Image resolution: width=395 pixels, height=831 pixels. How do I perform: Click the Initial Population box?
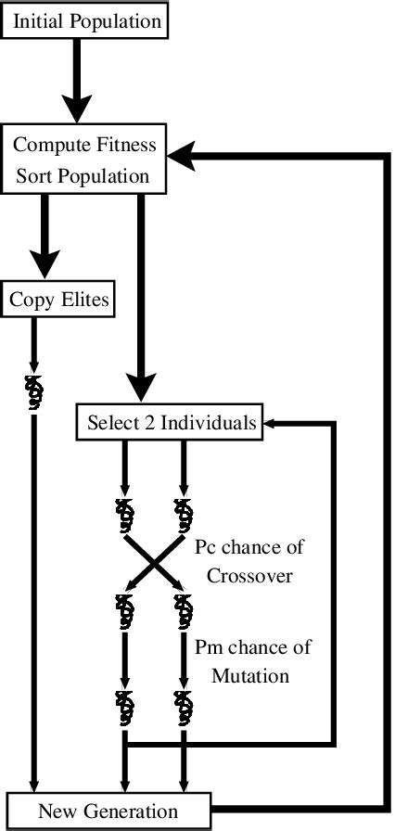(x=86, y=19)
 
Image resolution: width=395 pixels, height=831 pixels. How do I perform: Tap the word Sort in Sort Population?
(x=34, y=175)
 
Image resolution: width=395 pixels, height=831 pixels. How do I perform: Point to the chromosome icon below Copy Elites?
(x=32, y=392)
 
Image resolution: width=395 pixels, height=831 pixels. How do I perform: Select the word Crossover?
(x=249, y=575)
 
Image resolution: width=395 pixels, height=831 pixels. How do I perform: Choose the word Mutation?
(x=251, y=675)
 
